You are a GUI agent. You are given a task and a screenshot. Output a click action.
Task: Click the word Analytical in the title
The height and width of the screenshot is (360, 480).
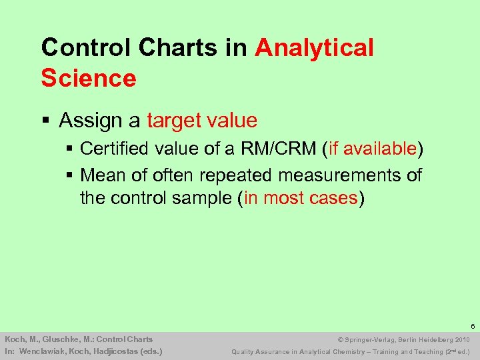coord(314,47)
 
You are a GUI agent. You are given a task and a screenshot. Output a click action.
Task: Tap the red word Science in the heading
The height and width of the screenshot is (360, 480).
coord(88,78)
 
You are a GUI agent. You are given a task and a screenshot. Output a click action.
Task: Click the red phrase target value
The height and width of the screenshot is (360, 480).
coord(201,121)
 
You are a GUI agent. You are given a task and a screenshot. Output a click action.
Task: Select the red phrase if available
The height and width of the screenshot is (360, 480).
coord(372,149)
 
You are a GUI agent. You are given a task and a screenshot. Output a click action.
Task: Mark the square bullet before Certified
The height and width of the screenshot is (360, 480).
coord(70,149)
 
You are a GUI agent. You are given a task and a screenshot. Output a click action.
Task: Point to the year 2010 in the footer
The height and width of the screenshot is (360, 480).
coord(463,339)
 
